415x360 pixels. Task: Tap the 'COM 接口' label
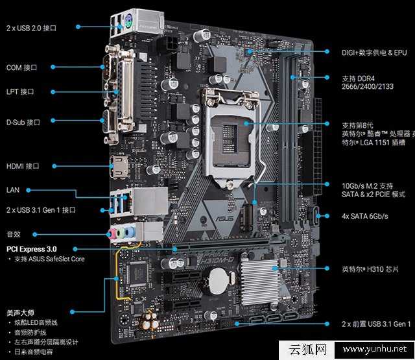coord(21,67)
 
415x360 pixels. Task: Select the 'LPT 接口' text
coord(21,92)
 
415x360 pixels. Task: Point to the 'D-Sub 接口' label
coord(23,121)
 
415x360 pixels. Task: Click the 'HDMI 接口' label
coord(23,166)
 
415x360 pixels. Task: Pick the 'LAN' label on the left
coord(12,190)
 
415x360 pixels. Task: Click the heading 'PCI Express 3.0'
coord(32,248)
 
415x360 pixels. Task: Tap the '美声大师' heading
coord(21,312)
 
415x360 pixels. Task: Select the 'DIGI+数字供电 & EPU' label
coord(374,52)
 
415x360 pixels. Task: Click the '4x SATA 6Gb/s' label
coord(365,215)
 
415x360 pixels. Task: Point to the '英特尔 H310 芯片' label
coord(370,268)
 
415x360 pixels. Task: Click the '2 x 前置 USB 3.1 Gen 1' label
coord(376,324)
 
